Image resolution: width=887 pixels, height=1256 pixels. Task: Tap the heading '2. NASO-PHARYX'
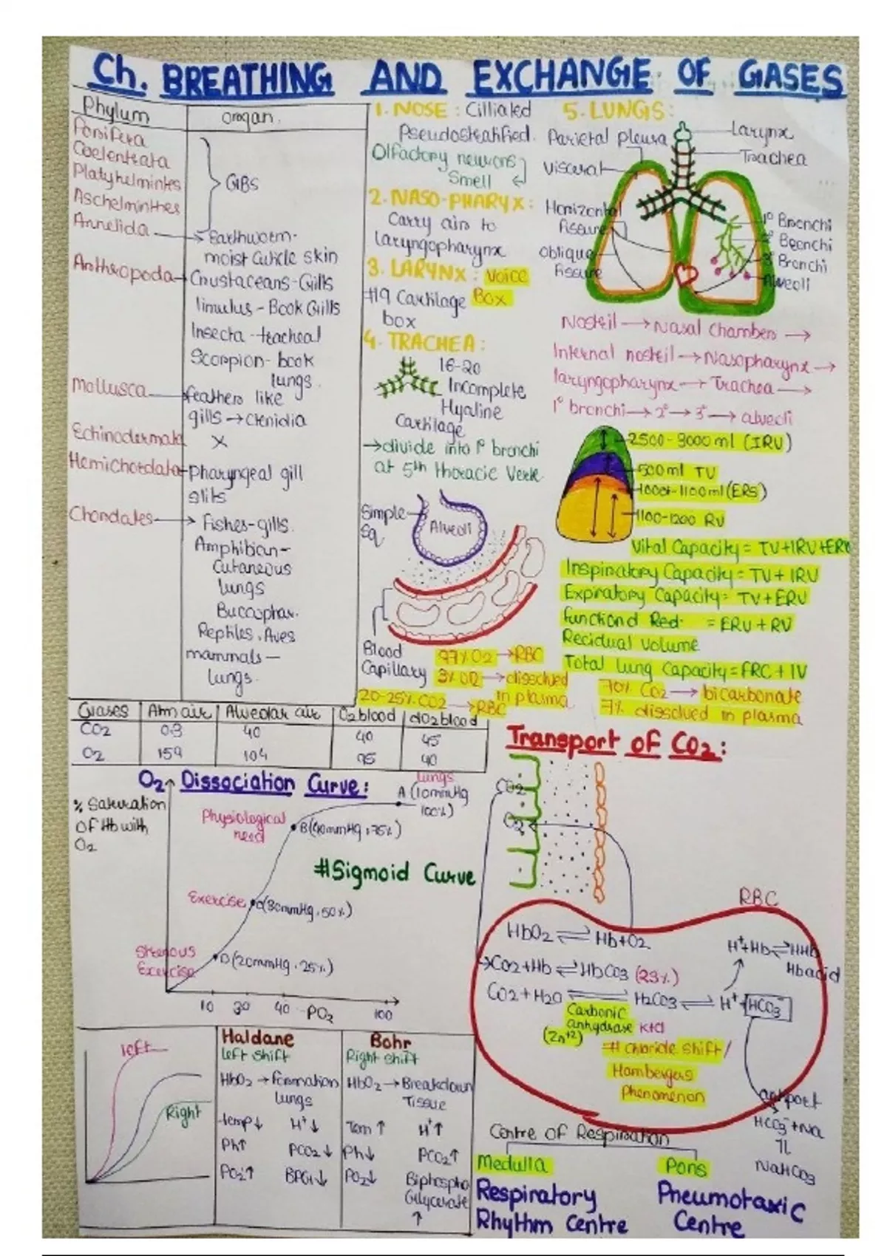click(x=449, y=200)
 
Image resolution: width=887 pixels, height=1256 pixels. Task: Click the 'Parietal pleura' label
click(x=607, y=138)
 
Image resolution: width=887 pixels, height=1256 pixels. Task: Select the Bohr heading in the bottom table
click(x=390, y=1042)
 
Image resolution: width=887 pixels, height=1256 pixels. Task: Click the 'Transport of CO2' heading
click(x=614, y=742)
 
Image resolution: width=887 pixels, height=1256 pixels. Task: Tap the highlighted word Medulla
click(x=512, y=1165)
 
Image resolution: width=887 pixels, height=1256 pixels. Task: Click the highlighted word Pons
click(x=686, y=1167)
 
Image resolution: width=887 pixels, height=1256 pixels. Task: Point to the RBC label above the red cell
click(x=758, y=898)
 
